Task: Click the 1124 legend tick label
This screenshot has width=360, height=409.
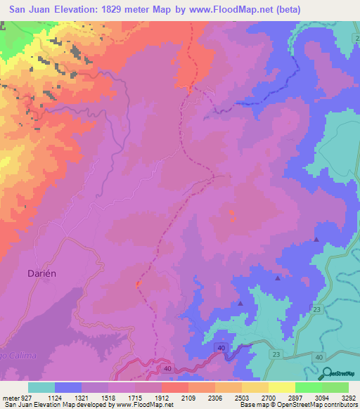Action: coord(54,398)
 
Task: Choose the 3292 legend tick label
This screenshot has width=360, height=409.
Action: coord(348,398)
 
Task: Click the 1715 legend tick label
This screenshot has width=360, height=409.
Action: coord(134,398)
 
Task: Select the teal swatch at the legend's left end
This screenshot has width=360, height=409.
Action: coord(41,387)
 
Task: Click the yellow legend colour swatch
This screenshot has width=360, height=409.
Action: coord(281,387)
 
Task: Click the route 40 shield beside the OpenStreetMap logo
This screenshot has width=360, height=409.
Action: coord(320,358)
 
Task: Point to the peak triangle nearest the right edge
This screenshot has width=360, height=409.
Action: coord(316,240)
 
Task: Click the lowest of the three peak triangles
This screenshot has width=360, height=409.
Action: coord(240,304)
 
